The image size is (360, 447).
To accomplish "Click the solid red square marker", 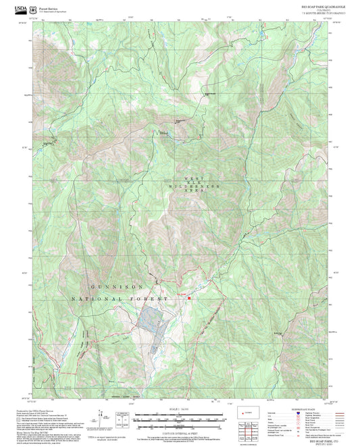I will click(190, 298).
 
